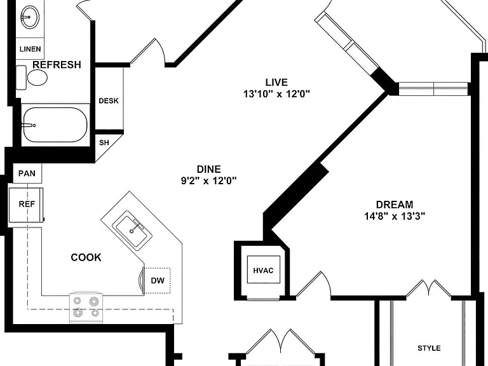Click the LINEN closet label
tap(30, 49)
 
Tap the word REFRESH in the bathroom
tap(57, 64)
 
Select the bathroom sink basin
tap(30, 17)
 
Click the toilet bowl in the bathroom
tap(37, 78)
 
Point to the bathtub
tap(55, 125)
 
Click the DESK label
tap(109, 101)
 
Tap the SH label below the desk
tap(104, 142)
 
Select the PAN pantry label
tap(27, 173)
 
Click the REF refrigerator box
tap(26, 205)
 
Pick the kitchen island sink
tap(132, 231)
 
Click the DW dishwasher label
tap(158, 280)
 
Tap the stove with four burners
tap(86, 307)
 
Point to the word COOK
tap(86, 257)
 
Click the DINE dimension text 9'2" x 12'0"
tap(209, 180)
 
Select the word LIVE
tap(276, 82)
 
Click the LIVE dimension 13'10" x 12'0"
tap(276, 93)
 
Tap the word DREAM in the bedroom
tap(395, 205)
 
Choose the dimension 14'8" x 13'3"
tap(395, 216)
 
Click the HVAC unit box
tap(263, 269)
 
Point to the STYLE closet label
tap(429, 348)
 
